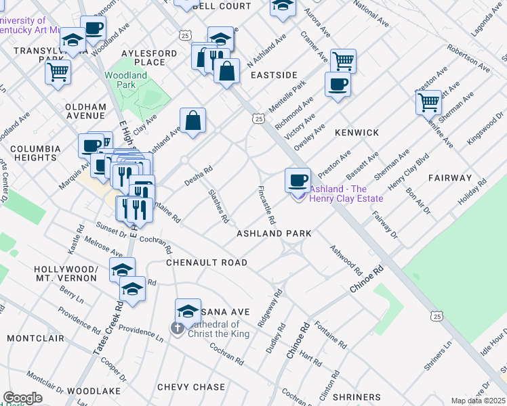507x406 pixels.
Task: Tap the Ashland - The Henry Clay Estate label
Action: pos(346,194)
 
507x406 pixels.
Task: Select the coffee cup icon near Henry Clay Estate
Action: pos(298,179)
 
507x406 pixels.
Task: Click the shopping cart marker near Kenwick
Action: pos(428,102)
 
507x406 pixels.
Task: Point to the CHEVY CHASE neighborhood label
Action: pos(191,387)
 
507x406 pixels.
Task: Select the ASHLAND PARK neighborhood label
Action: pos(273,233)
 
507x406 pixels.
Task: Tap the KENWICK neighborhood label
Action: pos(357,133)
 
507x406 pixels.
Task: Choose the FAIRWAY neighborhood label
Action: pos(449,177)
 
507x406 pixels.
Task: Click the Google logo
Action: pos(22,398)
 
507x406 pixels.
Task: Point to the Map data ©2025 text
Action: pos(478,401)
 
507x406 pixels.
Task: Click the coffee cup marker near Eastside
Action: pos(337,85)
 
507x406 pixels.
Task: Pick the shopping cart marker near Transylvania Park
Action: pos(58,70)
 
